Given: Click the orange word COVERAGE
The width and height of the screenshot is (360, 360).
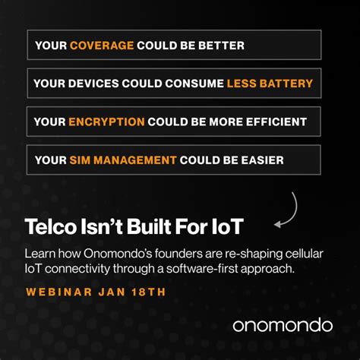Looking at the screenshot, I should [102, 46].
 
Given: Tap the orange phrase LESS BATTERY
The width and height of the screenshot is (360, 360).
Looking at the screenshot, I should [270, 83].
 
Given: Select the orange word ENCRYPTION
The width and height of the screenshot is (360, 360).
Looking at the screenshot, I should [106, 122].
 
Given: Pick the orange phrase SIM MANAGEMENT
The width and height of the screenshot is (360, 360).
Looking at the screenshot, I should [123, 160].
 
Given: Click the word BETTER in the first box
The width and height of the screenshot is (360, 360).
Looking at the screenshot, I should [223, 46].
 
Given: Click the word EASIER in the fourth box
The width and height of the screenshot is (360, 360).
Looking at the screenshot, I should [262, 160].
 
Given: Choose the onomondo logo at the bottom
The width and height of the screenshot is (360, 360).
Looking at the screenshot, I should [282, 325].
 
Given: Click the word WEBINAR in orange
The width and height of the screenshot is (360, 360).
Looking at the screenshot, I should [57, 292].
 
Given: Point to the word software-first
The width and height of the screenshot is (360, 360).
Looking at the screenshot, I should [213, 269].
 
